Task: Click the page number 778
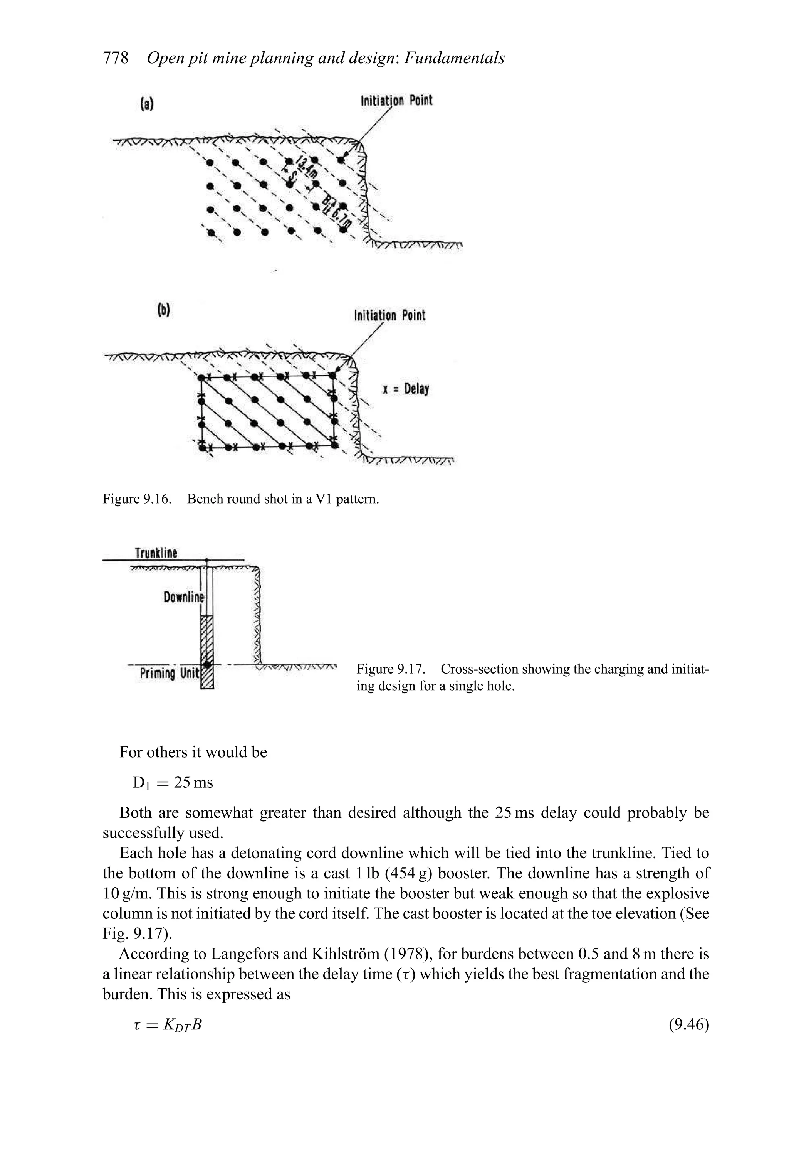[116, 58]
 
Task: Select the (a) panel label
[147, 104]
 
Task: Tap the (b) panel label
[163, 310]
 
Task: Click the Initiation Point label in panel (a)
[396, 100]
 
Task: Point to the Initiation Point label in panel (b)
[389, 315]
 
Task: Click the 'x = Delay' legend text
[405, 388]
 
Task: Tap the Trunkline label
[156, 553]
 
